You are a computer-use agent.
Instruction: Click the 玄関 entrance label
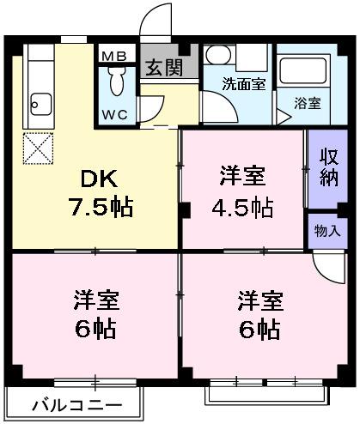[x=162, y=68]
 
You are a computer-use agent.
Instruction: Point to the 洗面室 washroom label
[x=238, y=84]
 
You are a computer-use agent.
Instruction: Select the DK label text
[x=100, y=179]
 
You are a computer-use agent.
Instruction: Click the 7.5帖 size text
[x=101, y=207]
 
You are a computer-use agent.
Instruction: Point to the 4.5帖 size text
[x=242, y=207]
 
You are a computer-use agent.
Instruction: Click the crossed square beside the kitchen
[x=38, y=148]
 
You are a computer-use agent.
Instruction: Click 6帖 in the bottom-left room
[x=95, y=330]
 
